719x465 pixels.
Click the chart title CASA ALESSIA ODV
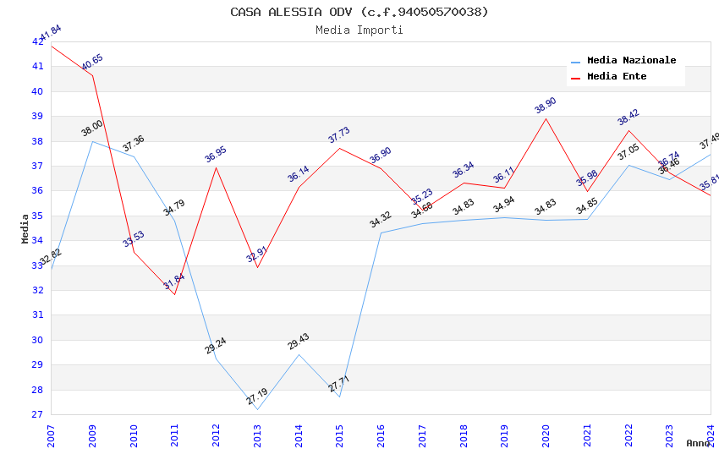tap(359, 12)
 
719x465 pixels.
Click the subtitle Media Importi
tap(359, 30)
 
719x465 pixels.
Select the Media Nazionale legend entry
tap(631, 61)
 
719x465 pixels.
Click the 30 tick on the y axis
tap(37, 340)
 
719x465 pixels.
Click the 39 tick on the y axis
tap(37, 117)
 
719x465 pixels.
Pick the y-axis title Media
tap(25, 228)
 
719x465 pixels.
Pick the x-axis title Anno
tap(698, 443)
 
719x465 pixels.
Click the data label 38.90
tap(546, 106)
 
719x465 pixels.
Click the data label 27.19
tap(257, 397)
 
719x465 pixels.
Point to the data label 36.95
tap(216, 155)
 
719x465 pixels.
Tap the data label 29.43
tap(298, 342)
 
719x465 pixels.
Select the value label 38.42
tap(628, 118)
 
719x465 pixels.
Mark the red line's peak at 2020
tap(546, 118)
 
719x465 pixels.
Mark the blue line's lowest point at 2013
tap(257, 410)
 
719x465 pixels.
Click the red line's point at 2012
tap(216, 167)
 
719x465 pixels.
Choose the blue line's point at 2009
tap(92, 141)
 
